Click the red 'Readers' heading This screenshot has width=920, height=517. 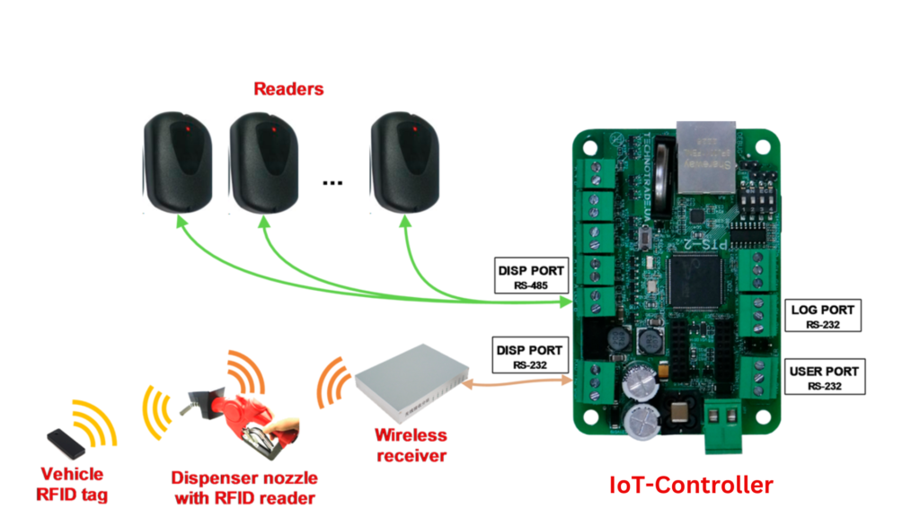coord(288,89)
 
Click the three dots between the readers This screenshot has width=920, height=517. coord(332,182)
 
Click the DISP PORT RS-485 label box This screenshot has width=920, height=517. coord(530,276)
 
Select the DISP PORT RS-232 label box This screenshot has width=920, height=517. coord(530,356)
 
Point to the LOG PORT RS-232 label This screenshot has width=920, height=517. coord(824,316)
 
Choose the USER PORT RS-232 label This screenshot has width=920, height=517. coord(824,376)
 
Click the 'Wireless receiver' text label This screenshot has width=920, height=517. coord(411,445)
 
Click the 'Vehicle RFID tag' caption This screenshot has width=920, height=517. coord(73,483)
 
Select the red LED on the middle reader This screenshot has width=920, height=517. coord(265,130)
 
